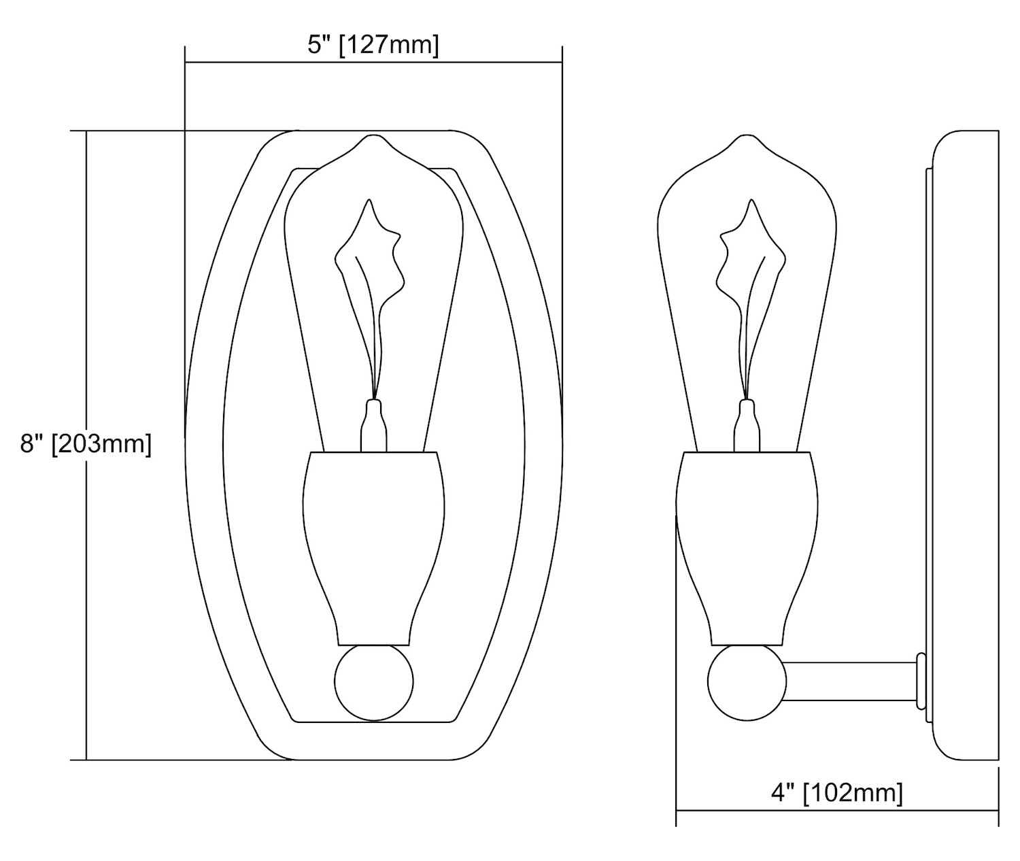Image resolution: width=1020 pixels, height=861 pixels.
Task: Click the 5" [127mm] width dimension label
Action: point(373,46)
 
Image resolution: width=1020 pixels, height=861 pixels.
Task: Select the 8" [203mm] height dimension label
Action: point(86,444)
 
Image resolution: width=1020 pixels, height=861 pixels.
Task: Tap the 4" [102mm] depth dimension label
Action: point(837,792)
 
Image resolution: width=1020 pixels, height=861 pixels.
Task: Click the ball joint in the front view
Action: point(374,681)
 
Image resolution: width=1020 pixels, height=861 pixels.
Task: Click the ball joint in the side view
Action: point(747,681)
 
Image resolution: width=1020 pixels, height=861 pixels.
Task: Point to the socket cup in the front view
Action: point(374,548)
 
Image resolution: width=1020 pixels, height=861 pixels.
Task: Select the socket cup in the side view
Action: point(747,548)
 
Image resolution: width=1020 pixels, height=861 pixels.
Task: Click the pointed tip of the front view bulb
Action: point(374,135)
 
